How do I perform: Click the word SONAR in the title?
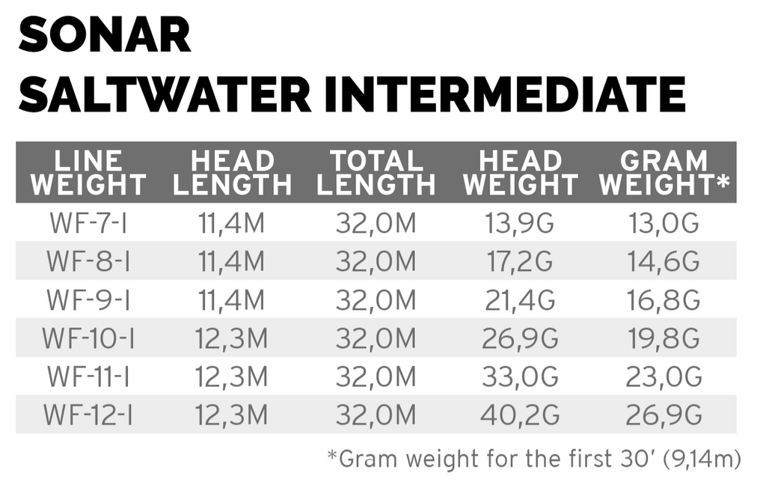pos(104,37)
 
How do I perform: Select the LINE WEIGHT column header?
pos(88,173)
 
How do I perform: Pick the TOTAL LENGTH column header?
pos(376,173)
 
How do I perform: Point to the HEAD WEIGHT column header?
pos(521,173)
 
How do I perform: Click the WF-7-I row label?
pos(88,223)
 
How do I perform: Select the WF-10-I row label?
pos(88,338)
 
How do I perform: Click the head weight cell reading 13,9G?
pos(521,223)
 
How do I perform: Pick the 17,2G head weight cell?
pos(521,261)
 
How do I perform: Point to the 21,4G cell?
pos(521,300)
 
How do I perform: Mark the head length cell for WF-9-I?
pos(231,300)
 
